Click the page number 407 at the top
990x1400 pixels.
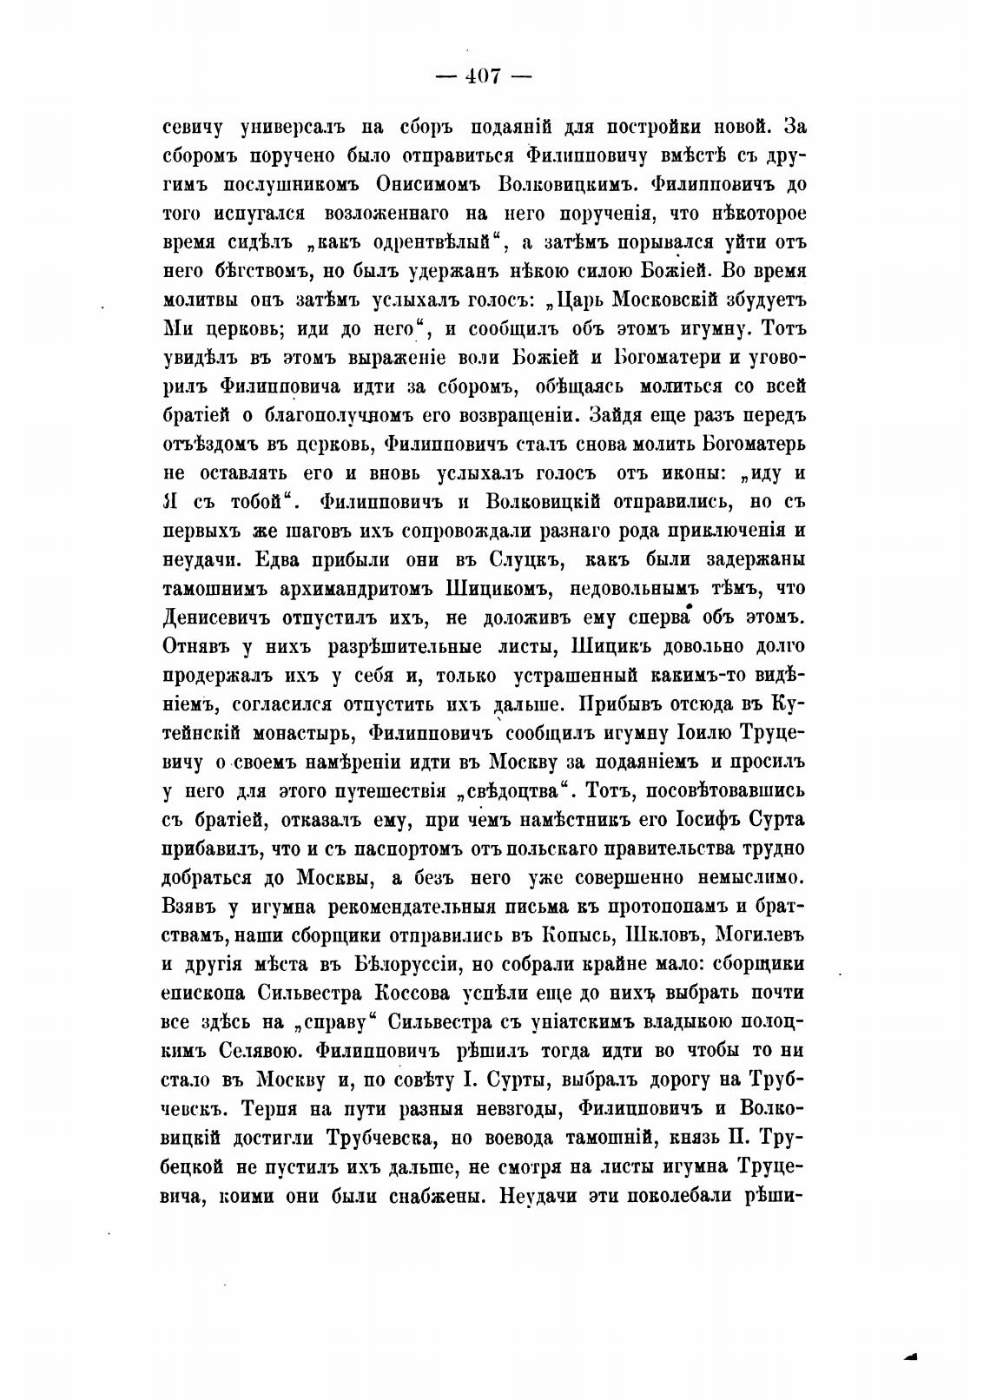point(484,76)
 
